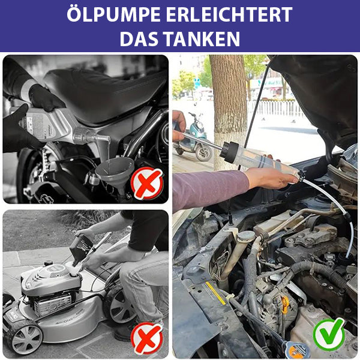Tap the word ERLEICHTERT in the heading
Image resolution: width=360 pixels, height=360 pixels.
click(229, 15)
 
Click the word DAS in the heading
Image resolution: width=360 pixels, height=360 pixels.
click(139, 39)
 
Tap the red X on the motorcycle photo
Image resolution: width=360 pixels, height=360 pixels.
click(147, 183)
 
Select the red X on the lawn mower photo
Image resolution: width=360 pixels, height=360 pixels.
click(147, 338)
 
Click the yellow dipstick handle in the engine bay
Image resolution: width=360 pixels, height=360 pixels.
click(285, 304)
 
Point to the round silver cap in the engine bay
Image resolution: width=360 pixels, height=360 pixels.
click(247, 236)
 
